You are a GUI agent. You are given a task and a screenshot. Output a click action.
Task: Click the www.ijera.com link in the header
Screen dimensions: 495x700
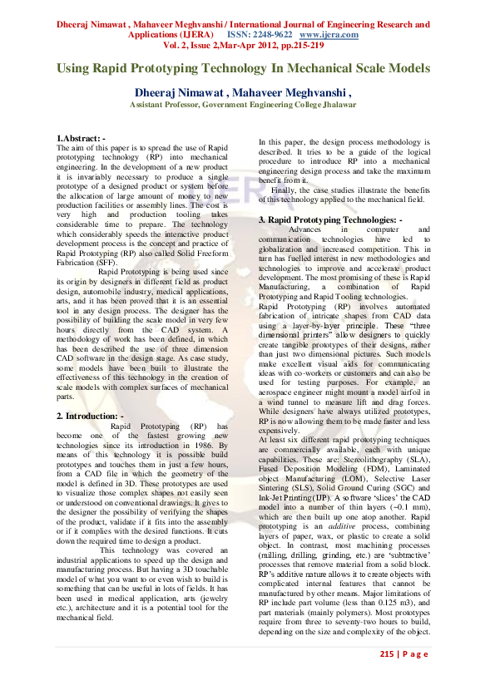click(x=329, y=36)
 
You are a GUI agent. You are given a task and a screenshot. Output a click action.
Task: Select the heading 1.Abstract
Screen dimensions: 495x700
click(x=81, y=137)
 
